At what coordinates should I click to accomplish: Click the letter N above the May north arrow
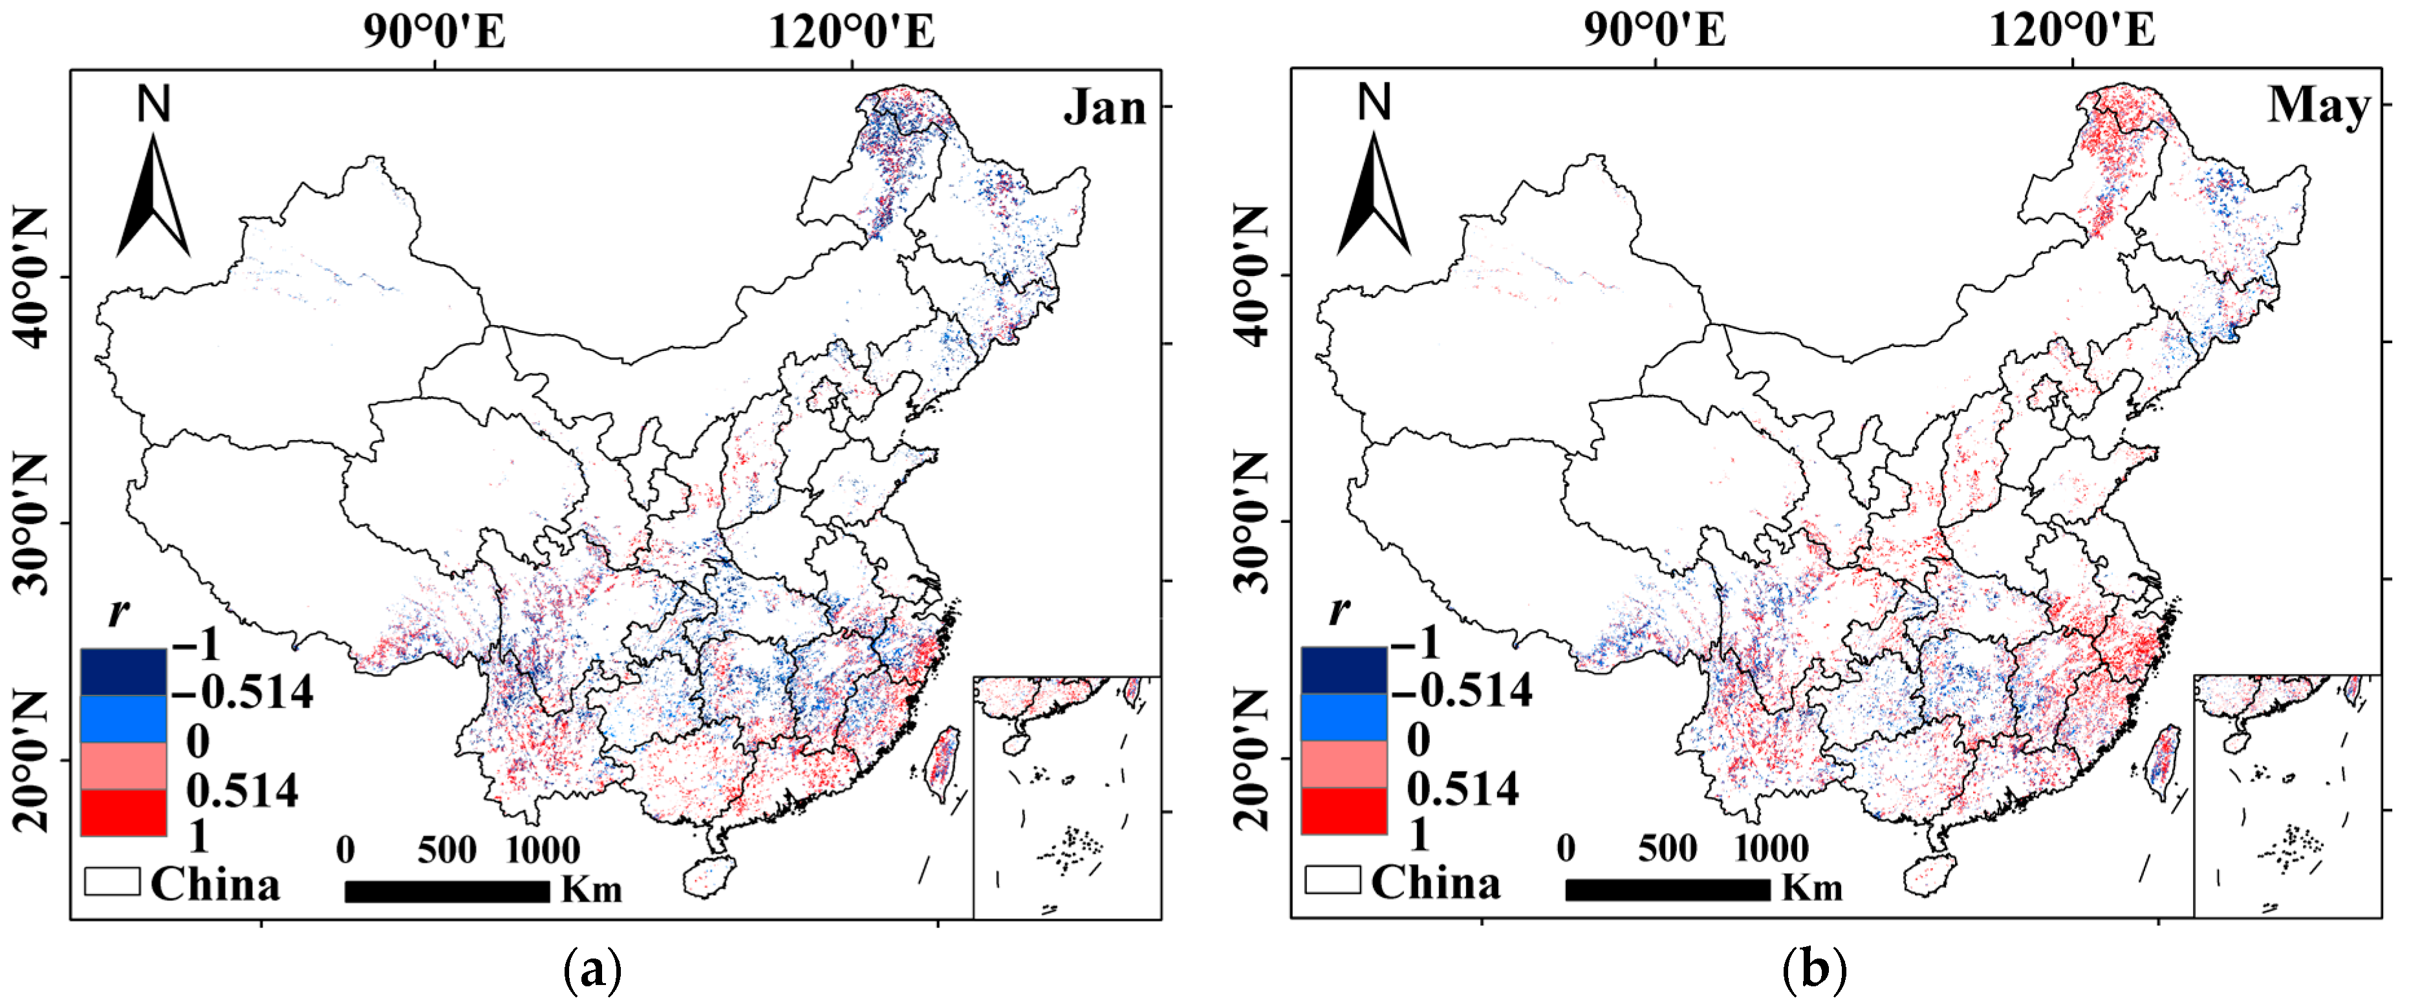point(1374,102)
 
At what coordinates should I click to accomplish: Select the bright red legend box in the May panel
point(1344,811)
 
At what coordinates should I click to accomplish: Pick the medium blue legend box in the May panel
point(1344,717)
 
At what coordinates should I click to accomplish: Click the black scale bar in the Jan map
point(447,891)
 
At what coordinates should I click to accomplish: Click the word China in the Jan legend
point(215,884)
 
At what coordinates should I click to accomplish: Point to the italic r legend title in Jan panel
point(118,613)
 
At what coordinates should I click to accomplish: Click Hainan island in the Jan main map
point(708,875)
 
